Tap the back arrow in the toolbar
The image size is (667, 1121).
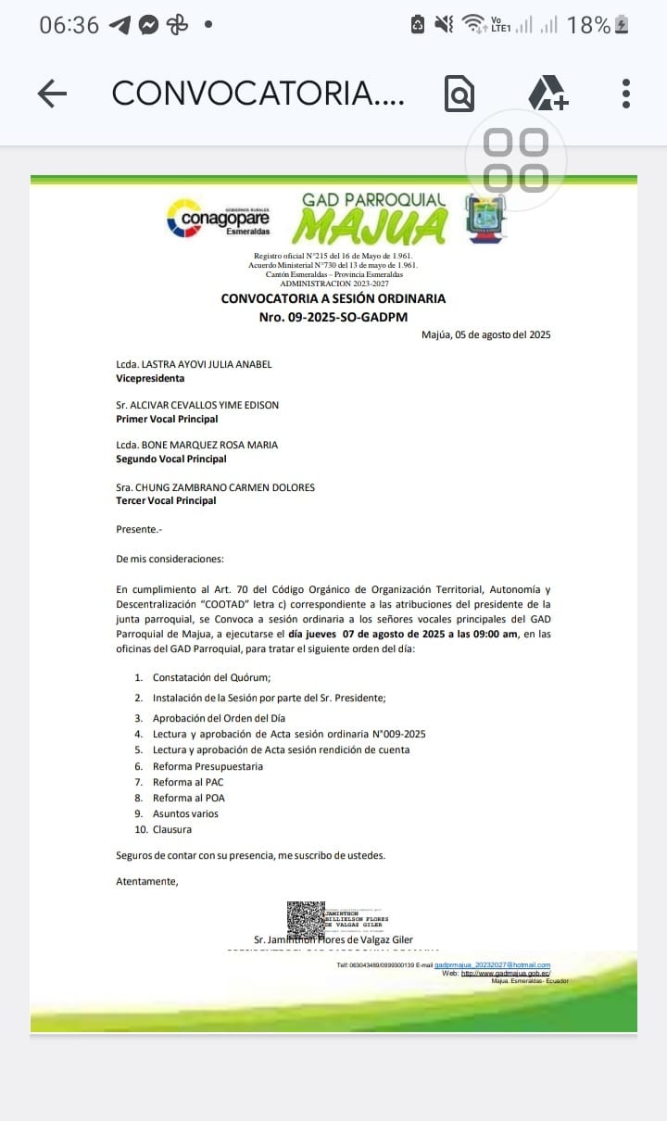(x=52, y=94)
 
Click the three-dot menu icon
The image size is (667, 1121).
(x=626, y=94)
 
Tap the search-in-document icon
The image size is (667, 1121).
(x=459, y=94)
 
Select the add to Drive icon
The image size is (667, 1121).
(x=547, y=94)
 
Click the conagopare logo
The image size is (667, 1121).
(x=218, y=219)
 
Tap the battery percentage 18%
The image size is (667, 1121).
(x=588, y=25)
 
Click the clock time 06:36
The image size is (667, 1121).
(x=69, y=25)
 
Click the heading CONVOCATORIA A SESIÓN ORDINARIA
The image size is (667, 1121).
(x=333, y=298)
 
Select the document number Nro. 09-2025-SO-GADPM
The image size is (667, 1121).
(x=333, y=317)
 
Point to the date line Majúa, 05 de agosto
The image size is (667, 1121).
(x=485, y=335)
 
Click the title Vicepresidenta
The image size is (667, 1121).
(x=150, y=378)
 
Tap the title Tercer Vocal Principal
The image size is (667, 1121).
(x=166, y=500)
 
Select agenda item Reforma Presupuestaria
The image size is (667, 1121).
(x=208, y=766)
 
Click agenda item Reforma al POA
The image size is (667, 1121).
(x=189, y=798)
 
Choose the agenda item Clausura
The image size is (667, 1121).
(x=172, y=829)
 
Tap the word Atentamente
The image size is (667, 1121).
(x=147, y=881)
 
